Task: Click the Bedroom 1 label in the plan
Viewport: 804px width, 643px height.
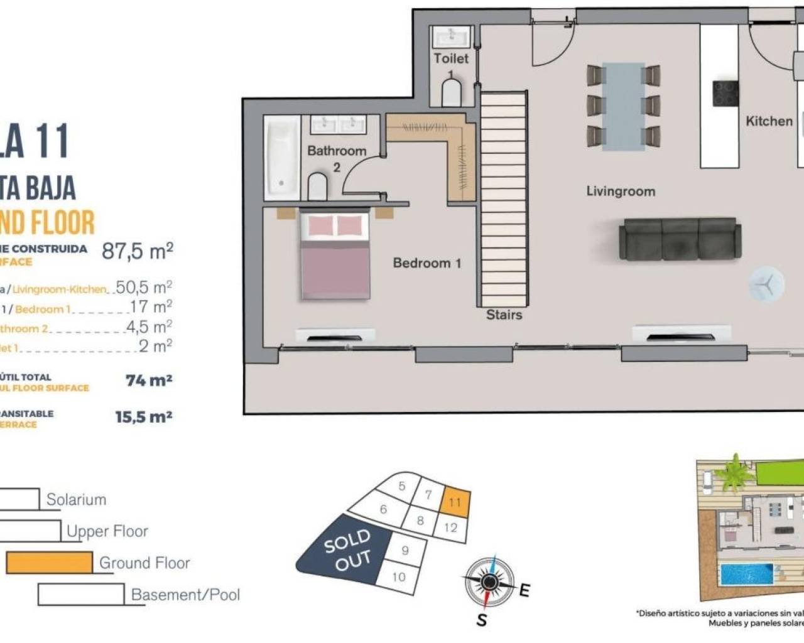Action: pos(426,263)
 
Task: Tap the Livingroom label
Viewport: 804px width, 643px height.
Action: pos(620,192)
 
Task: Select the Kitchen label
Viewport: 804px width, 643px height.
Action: pos(768,121)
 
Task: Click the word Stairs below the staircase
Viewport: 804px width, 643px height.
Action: pos(504,315)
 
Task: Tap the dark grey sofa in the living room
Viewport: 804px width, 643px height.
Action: pos(680,239)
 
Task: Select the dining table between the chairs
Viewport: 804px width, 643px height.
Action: pos(623,105)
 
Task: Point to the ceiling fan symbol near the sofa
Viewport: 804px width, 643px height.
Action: pos(766,284)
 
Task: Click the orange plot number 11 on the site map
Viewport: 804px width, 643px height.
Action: pos(455,502)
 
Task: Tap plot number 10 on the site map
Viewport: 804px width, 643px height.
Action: pos(398,576)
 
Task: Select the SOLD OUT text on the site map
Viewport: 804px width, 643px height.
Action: pos(347,550)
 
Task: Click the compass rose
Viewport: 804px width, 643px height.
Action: pos(489,582)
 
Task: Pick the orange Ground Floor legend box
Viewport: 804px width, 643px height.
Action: pos(49,563)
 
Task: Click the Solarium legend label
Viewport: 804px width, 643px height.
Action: pos(76,500)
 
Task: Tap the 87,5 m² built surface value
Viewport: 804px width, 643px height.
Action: pos(137,251)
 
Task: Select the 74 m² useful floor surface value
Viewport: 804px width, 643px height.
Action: pos(148,381)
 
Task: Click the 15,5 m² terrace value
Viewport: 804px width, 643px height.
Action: pos(143,417)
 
